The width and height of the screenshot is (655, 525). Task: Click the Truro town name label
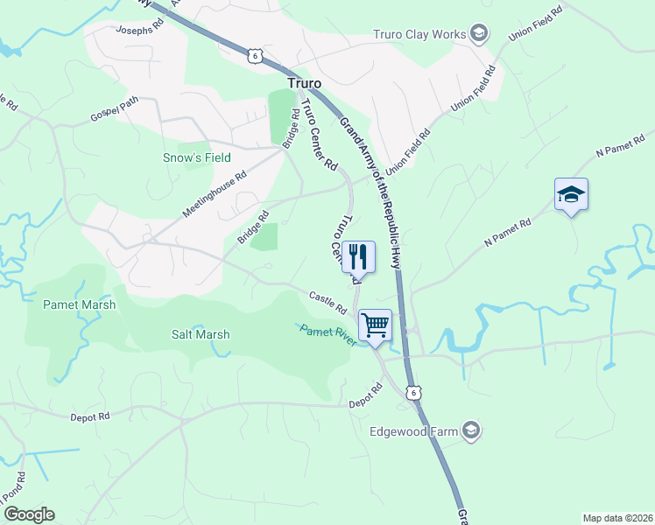(x=305, y=83)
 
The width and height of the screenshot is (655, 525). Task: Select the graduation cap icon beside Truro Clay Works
(x=478, y=34)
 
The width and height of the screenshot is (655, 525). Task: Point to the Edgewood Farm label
(x=416, y=430)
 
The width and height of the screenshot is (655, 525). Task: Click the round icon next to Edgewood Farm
(x=471, y=430)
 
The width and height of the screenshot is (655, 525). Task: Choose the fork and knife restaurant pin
(x=358, y=256)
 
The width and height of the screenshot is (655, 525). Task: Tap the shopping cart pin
(x=376, y=325)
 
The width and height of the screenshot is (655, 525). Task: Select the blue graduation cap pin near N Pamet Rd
(x=571, y=194)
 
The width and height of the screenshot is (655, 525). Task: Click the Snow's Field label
(x=197, y=157)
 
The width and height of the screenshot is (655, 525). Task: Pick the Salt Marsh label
(x=201, y=334)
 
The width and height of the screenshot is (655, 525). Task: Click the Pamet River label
(x=328, y=335)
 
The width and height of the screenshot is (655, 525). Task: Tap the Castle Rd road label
(x=328, y=302)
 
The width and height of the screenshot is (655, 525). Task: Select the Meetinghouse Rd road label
(x=215, y=194)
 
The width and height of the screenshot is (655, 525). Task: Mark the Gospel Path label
(x=114, y=110)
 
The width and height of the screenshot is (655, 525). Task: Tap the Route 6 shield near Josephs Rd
(x=254, y=55)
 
